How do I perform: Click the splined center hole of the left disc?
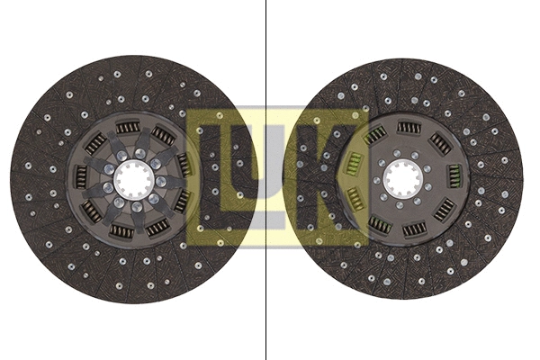coord(133,181)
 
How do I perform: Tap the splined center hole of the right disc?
coord(400,179)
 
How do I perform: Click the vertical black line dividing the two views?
coord(267,180)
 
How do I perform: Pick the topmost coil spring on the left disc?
coord(128,128)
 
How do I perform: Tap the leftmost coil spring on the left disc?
coord(81,176)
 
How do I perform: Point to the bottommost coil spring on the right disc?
coord(413,229)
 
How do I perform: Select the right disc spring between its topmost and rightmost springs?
coord(440,142)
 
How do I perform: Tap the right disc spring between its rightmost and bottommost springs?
coord(445,211)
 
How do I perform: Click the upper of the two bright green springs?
coord(354,165)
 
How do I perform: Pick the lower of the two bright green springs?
coord(355,197)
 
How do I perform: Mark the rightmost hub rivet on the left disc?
coord(161,181)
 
